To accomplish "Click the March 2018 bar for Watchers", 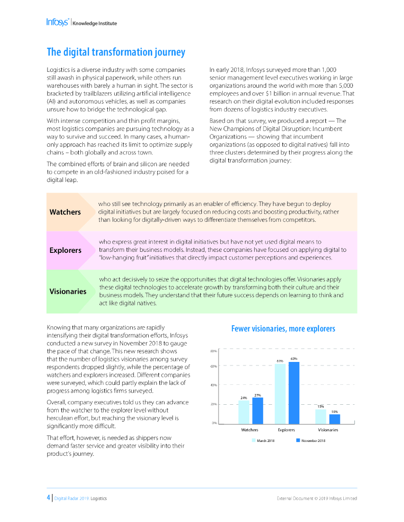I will pos(244,412).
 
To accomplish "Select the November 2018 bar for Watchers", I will pos(257,410).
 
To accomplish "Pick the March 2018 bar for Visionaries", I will pos(320,416).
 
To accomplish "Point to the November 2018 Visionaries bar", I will pos(335,419).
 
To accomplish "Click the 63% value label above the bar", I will pos(294,359).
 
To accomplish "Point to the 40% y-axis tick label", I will pos(213,385).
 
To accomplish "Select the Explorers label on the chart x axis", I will pos(287,430).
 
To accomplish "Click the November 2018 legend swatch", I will pos(298,440).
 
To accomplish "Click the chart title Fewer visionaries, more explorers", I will pos(283,329).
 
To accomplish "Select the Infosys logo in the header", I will pos(58,22).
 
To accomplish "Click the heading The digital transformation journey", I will pos(116,52).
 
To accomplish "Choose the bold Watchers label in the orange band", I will pos(65,212).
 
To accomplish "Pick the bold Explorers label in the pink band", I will pos(65,250).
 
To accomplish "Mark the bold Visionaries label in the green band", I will pos(68,292).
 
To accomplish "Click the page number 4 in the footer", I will pos(48,498).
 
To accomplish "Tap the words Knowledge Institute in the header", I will pos(94,23).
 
